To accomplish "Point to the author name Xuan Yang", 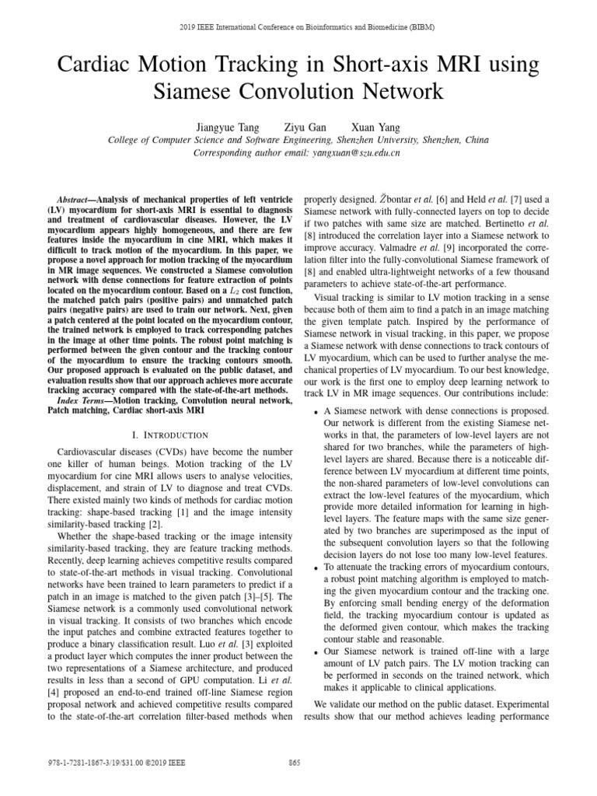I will pos(376,127).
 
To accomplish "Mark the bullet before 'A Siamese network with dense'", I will pos(315,411).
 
